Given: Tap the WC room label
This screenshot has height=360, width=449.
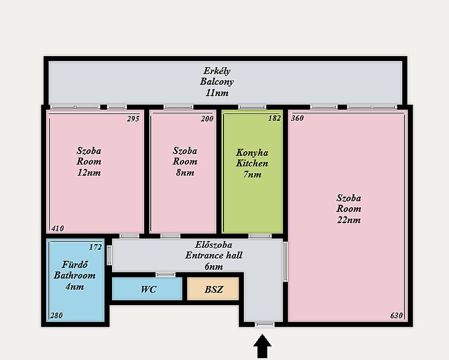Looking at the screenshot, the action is pos(148,289).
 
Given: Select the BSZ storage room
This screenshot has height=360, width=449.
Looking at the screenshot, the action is pos(213,289).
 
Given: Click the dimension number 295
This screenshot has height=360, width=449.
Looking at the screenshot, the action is pos(133,118).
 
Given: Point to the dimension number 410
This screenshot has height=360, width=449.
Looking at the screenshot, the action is pos(57,229).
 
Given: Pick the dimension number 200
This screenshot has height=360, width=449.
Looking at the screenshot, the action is pos(207,118).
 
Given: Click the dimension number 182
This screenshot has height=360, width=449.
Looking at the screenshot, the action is pos(274,118).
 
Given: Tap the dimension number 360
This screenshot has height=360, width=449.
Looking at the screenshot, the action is pos(297,118).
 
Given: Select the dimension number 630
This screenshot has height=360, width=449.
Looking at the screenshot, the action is pos(397,316).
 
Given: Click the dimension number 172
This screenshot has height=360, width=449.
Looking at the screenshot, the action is pos(95,247).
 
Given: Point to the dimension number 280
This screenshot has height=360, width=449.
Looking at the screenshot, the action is pos(57,316).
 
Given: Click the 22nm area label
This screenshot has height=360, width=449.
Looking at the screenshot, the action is pos(349,220).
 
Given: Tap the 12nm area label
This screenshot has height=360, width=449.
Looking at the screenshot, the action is pos(89,173).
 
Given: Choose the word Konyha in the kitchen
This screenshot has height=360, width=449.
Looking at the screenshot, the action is pos(252,153).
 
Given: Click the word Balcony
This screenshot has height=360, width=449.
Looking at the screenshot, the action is pos(217,82).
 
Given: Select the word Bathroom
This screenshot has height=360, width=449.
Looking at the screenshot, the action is pos(75,275).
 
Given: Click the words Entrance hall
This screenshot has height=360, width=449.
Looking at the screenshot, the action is pos(214,255).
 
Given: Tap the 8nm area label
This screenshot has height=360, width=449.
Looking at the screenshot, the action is pos(185,173).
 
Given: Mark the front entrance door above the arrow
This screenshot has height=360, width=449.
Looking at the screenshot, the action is pos(265,324).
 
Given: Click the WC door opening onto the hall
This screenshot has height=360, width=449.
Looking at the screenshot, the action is pos(166,274).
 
